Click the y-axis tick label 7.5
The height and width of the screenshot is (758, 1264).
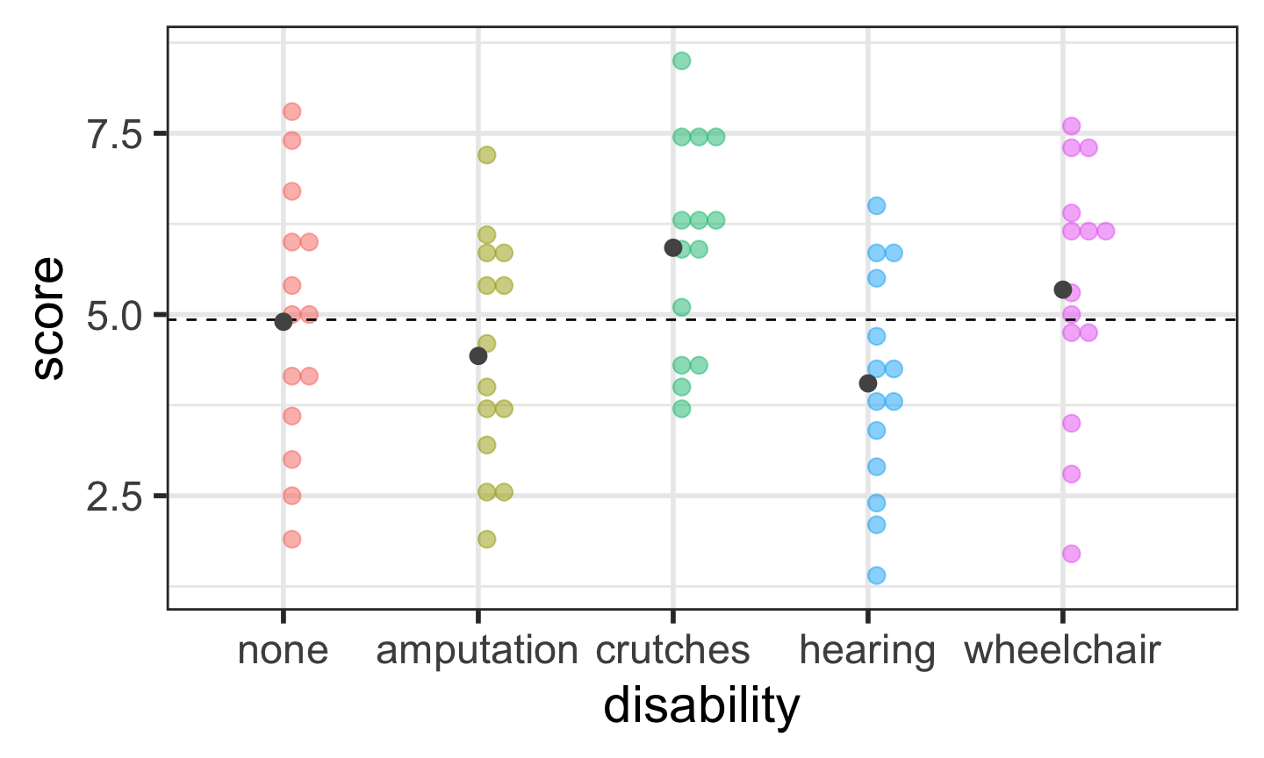tap(114, 134)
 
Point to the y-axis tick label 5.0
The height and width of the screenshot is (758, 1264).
tap(114, 315)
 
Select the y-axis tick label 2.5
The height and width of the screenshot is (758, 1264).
tap(114, 496)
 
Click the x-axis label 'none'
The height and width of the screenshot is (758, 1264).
tap(283, 651)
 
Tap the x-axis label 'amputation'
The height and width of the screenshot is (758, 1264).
tap(477, 651)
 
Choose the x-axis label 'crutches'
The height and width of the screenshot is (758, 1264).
tap(672, 651)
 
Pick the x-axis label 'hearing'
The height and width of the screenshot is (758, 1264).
tap(867, 651)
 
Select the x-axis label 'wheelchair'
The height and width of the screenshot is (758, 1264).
tap(1062, 651)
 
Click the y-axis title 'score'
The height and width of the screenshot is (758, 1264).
tap(48, 318)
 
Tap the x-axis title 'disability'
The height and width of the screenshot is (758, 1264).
tap(701, 706)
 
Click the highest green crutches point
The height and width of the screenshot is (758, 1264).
tap(681, 61)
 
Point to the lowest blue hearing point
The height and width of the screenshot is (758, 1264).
tap(876, 576)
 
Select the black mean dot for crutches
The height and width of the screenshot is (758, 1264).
tap(673, 247)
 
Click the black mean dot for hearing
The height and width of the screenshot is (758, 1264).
tap(868, 383)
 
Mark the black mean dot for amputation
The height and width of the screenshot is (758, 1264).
tap(478, 355)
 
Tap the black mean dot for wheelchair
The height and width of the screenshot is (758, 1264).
tap(1063, 290)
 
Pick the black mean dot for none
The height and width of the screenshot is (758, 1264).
tap(284, 322)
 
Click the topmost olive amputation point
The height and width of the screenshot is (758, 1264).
tap(486, 155)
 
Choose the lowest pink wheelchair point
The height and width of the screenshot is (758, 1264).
tap(1071, 554)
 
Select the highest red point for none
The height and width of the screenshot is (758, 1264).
tap(292, 111)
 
